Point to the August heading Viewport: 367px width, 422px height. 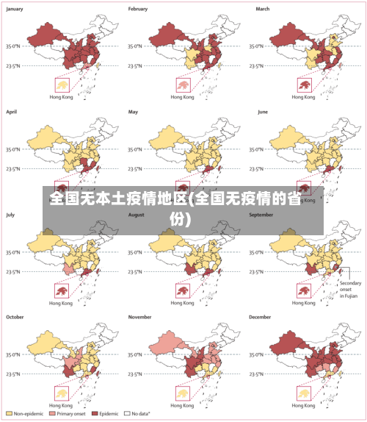coord(137,215)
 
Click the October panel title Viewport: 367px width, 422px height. coord(15,317)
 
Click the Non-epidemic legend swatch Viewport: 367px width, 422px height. coord(10,415)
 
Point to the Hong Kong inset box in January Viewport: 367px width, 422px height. coord(60,85)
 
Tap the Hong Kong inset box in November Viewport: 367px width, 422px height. coord(182,393)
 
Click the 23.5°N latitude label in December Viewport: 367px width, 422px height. coord(260,373)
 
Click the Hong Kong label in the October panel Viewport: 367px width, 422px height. coord(60,405)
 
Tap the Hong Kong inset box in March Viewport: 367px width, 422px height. coord(304,85)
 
